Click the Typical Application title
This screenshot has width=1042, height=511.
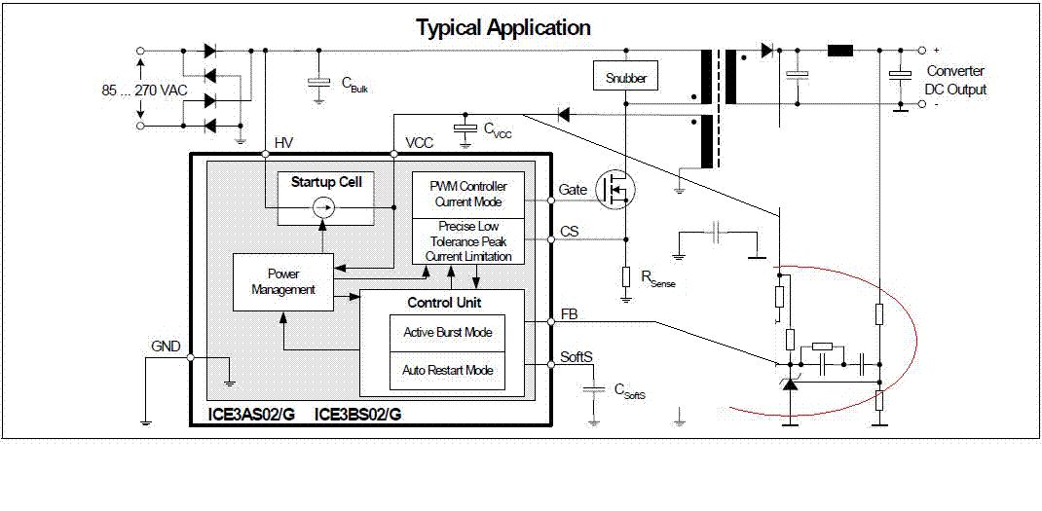click(x=503, y=27)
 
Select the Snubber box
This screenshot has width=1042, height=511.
click(x=624, y=77)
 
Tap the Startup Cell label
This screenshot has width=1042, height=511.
click(x=326, y=182)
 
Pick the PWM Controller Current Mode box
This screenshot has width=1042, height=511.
click(x=468, y=194)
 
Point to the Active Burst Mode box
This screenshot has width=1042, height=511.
click(x=447, y=333)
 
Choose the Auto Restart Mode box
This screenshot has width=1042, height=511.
click(x=447, y=371)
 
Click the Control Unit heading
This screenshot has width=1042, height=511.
click(x=444, y=303)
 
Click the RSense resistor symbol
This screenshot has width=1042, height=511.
click(x=625, y=276)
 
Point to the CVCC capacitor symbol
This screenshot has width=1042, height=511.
click(x=465, y=128)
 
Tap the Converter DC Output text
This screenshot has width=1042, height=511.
click(x=955, y=80)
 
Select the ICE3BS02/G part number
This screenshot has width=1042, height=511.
click(x=357, y=414)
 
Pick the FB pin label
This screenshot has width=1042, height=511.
click(x=568, y=315)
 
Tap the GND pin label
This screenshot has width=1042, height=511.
click(x=165, y=346)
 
